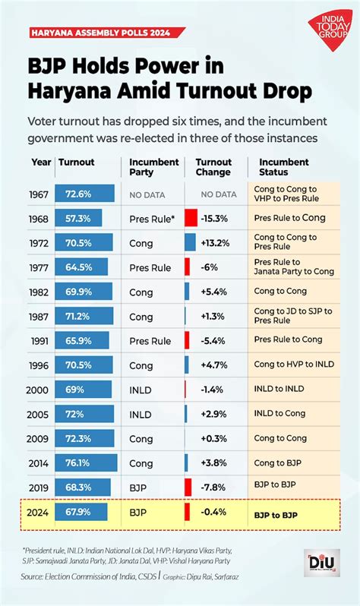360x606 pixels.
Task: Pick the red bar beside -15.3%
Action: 191,218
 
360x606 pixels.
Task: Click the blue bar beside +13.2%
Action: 190,242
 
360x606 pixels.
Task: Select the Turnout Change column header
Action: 213,167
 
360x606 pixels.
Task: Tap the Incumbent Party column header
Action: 153,167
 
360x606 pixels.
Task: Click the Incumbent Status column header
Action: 283,167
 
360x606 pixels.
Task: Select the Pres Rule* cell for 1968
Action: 151,218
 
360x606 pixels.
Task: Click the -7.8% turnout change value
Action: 216,487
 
